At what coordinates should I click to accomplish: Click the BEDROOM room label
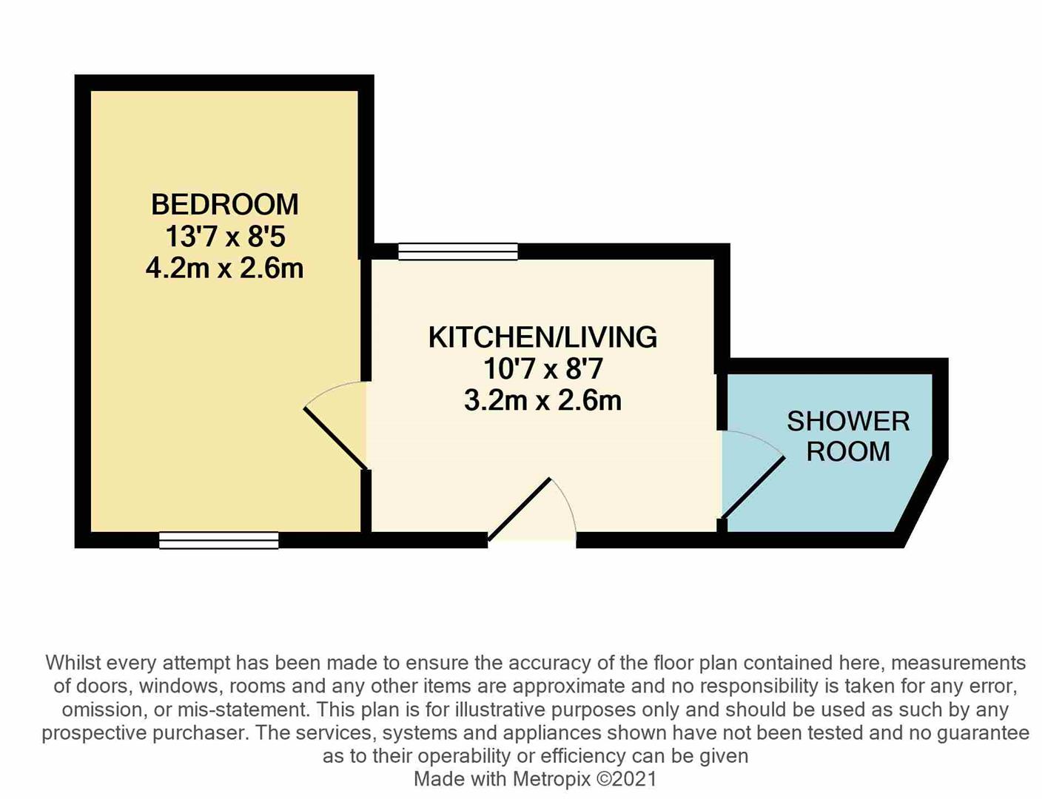pos(225,204)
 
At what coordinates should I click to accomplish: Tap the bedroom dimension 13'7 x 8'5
pos(225,237)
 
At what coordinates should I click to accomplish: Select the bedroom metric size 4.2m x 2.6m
pos(225,269)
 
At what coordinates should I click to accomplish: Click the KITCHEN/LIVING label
pos(542,337)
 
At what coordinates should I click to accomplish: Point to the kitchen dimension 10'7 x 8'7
pos(542,369)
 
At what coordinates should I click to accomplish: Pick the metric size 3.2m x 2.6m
pos(542,401)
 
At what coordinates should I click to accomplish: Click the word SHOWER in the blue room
pos(848,422)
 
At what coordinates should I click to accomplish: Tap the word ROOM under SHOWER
pos(848,451)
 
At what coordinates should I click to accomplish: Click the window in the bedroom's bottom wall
pos(218,541)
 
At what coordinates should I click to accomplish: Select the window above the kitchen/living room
pos(458,252)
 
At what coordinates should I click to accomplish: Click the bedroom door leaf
pos(336,438)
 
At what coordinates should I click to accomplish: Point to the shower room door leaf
pos(753,486)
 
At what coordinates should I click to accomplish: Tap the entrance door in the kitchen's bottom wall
pos(519,510)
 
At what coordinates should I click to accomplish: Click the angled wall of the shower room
pos(921,503)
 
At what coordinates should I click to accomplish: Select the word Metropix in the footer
pos(551,779)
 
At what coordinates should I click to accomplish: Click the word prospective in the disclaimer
pos(94,733)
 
